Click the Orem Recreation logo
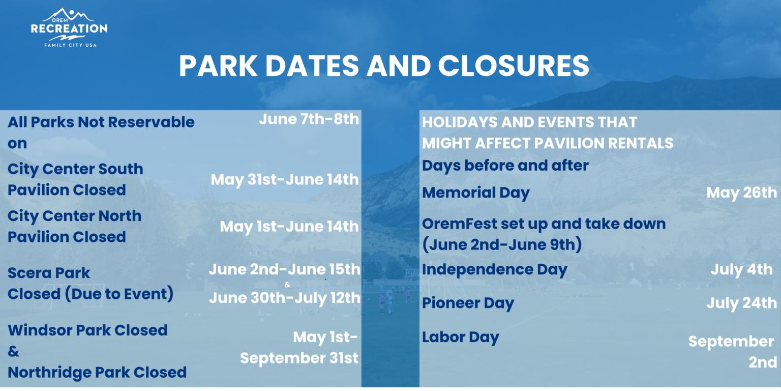click(x=69, y=27)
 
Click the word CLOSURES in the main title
click(x=514, y=66)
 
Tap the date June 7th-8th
click(x=309, y=120)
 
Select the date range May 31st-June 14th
click(x=285, y=180)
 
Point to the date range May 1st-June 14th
click(x=289, y=227)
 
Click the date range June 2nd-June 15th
click(x=285, y=269)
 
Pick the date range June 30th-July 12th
click(x=285, y=298)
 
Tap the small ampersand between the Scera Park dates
click(x=287, y=285)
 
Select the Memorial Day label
click(x=475, y=193)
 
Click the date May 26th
click(x=742, y=193)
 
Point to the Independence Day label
click(x=494, y=270)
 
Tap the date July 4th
click(x=742, y=270)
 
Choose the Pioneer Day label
click(x=468, y=303)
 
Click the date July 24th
click(x=742, y=303)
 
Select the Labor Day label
click(x=461, y=338)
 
